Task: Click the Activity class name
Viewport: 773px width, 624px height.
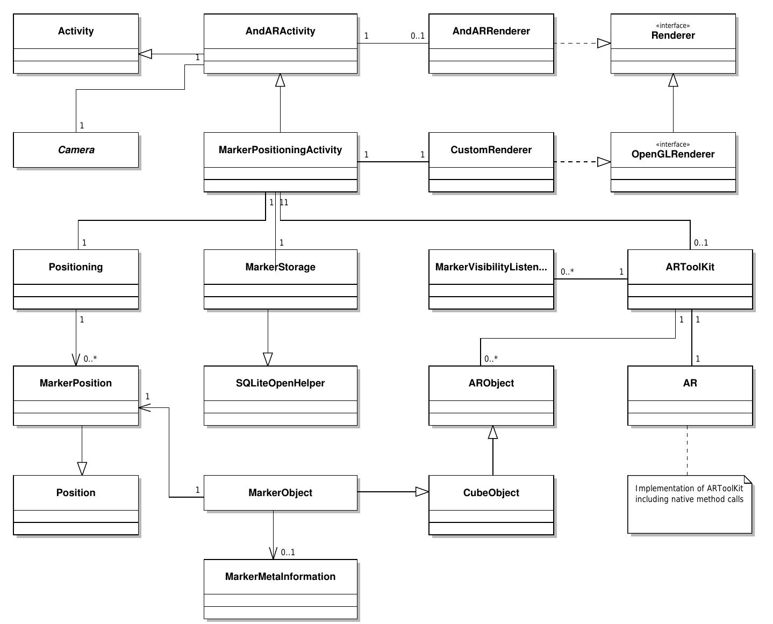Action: click(x=76, y=31)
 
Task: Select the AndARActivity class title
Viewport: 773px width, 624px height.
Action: click(x=280, y=31)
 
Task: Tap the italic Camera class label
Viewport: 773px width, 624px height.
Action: click(x=76, y=150)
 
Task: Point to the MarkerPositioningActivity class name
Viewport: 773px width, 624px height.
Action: click(x=280, y=150)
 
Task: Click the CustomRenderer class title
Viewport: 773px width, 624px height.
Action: click(x=491, y=150)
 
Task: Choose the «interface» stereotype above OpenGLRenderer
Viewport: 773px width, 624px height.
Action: click(x=672, y=144)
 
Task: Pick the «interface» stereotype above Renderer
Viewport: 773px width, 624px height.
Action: click(x=672, y=25)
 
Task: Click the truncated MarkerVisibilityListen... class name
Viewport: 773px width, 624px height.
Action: click(x=491, y=267)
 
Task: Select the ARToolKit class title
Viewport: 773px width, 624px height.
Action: click(x=690, y=267)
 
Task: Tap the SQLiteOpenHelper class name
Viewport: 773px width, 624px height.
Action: click(x=280, y=383)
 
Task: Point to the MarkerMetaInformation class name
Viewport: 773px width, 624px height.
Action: click(x=280, y=577)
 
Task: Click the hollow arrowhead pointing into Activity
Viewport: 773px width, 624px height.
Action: click(x=145, y=54)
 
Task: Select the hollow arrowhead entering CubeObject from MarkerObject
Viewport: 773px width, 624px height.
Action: click(x=422, y=492)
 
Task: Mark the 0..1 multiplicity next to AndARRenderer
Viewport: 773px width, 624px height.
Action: click(x=418, y=36)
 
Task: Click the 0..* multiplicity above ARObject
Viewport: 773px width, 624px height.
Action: click(x=491, y=358)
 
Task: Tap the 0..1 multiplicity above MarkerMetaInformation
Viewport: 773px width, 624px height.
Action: click(x=288, y=552)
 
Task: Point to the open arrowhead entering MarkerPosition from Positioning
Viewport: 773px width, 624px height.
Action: click(x=76, y=360)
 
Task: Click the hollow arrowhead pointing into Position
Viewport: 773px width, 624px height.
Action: click(x=82, y=469)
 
